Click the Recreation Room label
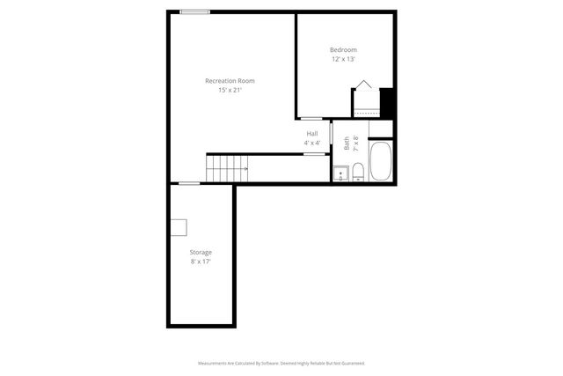click(230, 80)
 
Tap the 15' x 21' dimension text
click(230, 90)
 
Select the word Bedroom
click(344, 49)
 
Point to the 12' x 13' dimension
click(344, 59)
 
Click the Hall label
click(311, 133)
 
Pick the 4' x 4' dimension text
click(311, 143)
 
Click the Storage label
click(201, 252)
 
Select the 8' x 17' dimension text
click(201, 262)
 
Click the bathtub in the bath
click(380, 162)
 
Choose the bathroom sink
click(341, 173)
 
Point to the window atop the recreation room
click(195, 11)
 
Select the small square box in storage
click(179, 227)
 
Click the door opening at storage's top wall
click(189, 183)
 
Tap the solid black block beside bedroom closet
click(386, 101)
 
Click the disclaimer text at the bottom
click(281, 362)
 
